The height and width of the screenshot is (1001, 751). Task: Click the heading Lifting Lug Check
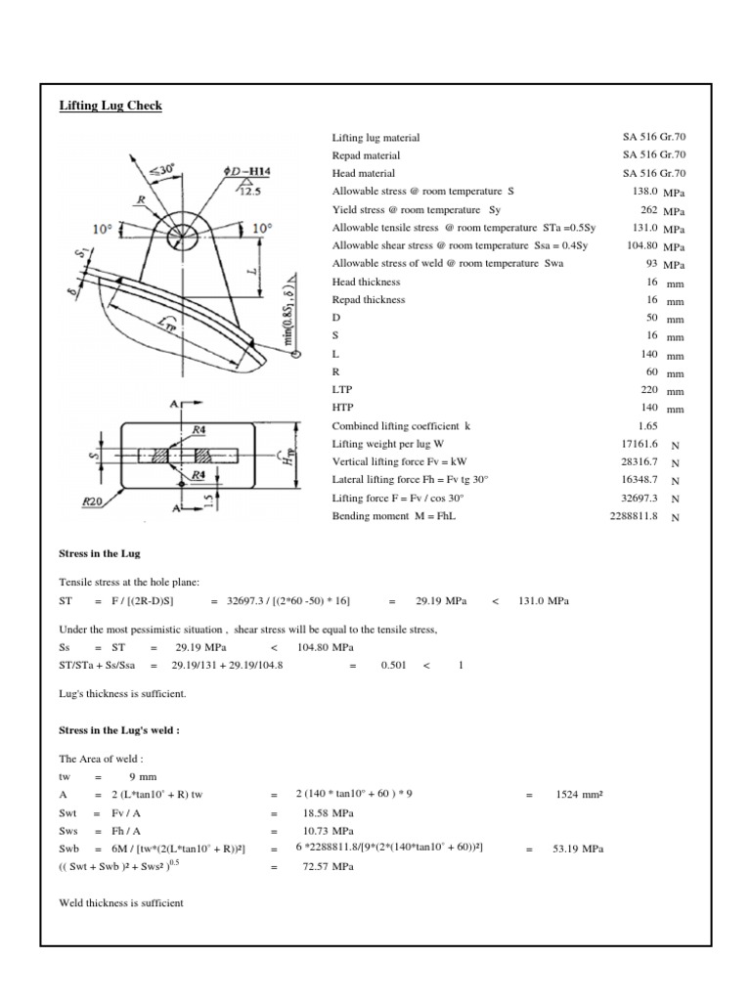pos(110,106)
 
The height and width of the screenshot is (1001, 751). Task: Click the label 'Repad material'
pos(366,155)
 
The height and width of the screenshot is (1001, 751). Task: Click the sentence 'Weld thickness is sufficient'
pos(121,903)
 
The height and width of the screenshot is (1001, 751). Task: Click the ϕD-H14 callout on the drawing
pos(246,172)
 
